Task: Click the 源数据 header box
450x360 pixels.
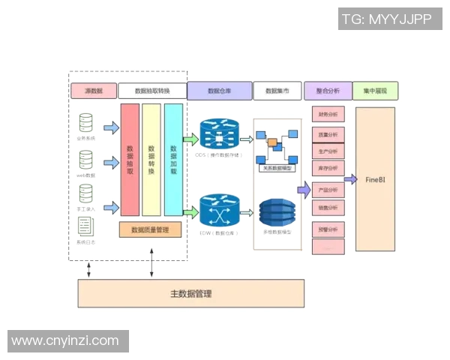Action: coord(93,91)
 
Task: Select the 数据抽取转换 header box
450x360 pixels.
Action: coord(152,91)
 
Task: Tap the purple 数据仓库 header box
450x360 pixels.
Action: coord(219,91)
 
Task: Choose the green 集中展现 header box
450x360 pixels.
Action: coord(375,91)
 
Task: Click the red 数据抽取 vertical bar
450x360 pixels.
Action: coord(130,160)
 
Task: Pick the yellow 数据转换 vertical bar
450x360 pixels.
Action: coord(151,160)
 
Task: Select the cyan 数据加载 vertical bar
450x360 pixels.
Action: coord(173,160)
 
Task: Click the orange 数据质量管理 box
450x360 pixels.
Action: coord(150,229)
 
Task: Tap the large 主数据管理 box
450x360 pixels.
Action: coord(190,293)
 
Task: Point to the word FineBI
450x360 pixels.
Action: coord(375,180)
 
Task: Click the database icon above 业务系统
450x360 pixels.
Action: coord(86,123)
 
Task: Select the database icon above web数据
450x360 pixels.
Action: coord(86,160)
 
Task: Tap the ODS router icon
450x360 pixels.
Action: coord(220,136)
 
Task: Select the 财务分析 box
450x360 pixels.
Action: coord(328,115)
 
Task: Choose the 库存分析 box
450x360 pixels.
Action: coord(328,168)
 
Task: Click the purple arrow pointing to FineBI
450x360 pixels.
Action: coord(349,179)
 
